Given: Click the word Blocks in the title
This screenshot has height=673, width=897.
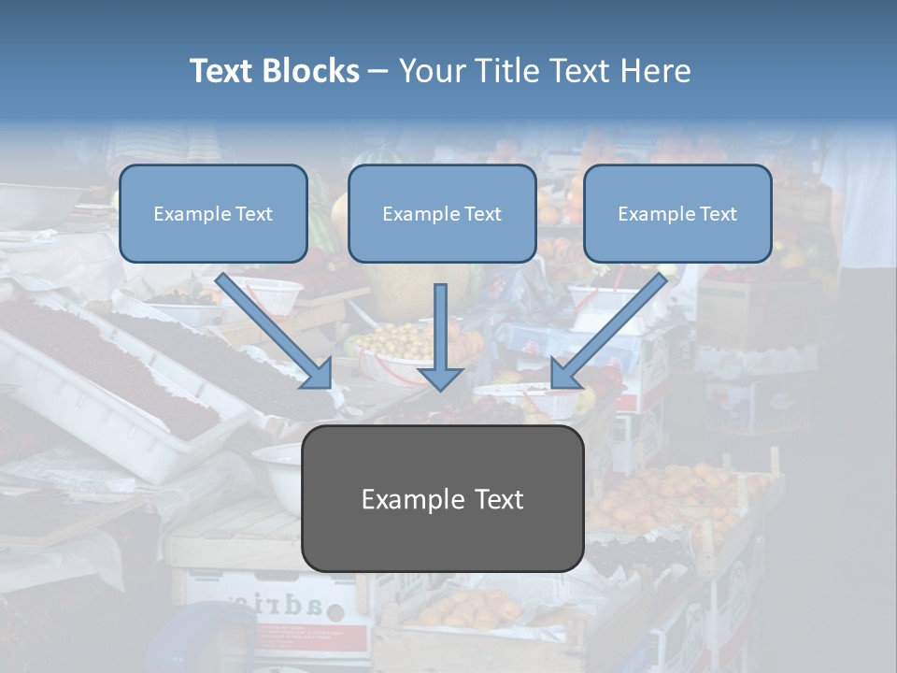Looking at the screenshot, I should (313, 71).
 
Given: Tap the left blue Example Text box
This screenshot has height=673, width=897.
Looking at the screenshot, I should (213, 214).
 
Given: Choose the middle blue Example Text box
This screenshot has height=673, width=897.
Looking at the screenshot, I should (442, 214).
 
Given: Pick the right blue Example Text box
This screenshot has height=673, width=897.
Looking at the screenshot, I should (677, 214).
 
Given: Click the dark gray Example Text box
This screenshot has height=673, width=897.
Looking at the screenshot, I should (443, 499).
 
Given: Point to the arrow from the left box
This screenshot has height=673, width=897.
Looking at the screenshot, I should (271, 327).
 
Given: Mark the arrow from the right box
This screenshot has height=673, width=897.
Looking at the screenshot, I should (612, 327).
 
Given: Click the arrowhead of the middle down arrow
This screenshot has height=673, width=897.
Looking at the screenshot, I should (441, 378).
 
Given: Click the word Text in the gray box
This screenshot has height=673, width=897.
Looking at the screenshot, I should (495, 499).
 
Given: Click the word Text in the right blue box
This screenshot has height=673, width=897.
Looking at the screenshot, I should (719, 214).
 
